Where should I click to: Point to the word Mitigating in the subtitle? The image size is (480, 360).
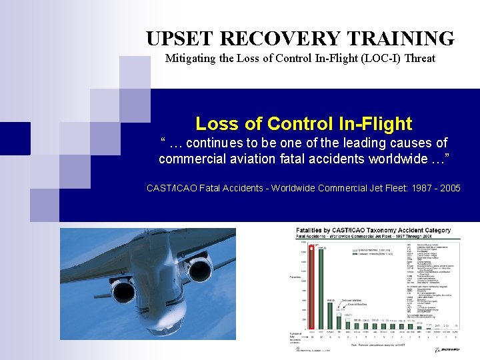(191, 59)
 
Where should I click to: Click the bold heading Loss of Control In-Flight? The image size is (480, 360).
(303, 123)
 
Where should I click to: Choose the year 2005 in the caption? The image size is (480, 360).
(448, 188)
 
